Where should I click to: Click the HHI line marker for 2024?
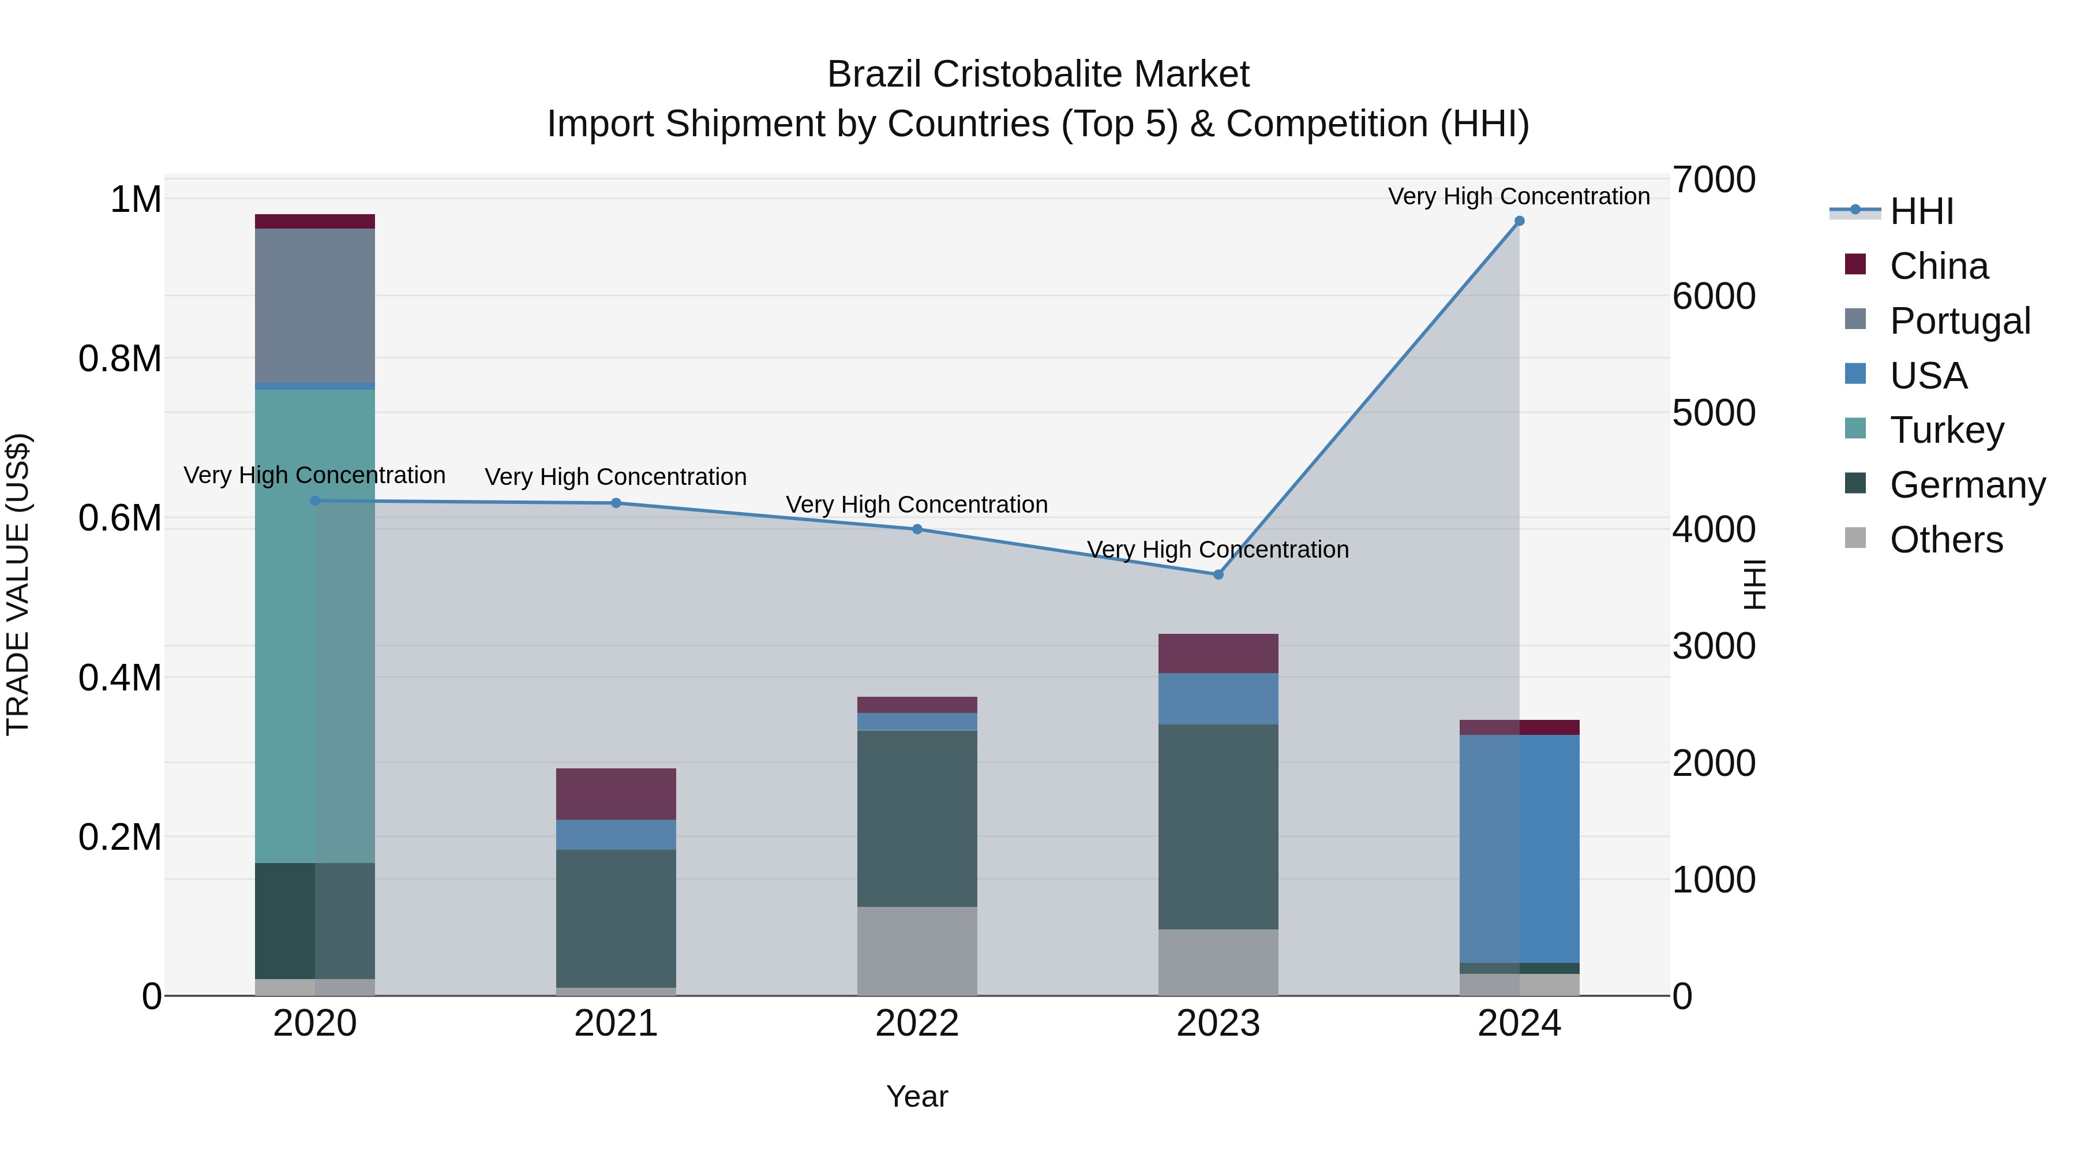(1519, 221)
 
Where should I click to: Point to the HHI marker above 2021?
(616, 503)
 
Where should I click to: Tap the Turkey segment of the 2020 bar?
(314, 625)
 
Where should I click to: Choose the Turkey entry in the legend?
(1947, 430)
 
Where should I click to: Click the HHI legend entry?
(1921, 211)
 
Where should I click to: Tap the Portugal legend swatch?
(1855, 319)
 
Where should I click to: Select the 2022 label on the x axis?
(917, 1024)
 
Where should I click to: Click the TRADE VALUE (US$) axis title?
(18, 584)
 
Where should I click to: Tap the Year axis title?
(917, 1096)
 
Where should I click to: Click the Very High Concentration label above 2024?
(1519, 196)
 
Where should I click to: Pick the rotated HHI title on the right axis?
(1754, 584)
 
